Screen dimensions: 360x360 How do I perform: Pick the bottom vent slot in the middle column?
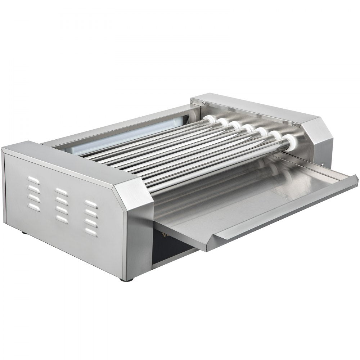pos(62,218)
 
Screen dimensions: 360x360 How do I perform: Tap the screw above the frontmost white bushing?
pos(294,124)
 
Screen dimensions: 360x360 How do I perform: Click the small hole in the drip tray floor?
pos(284,198)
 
